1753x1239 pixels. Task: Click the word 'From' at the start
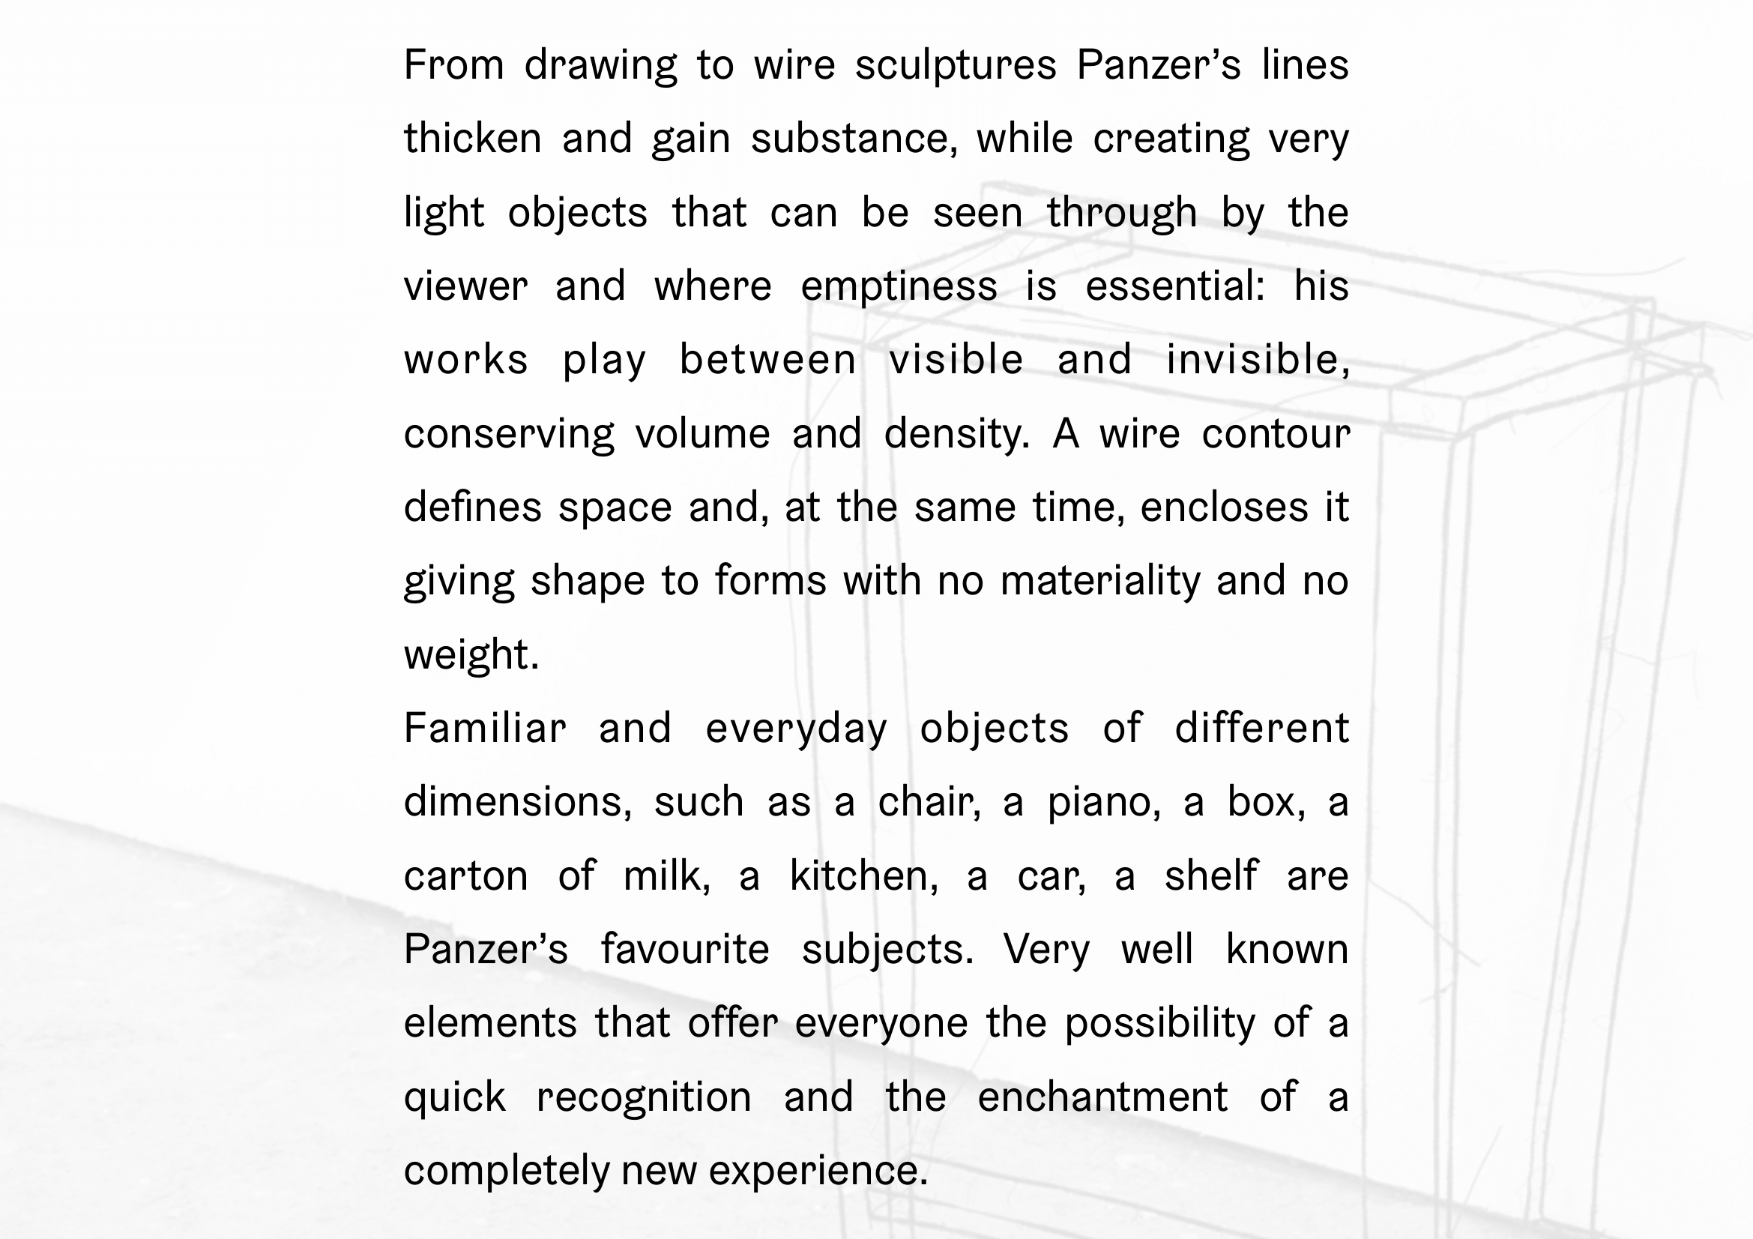[x=453, y=65]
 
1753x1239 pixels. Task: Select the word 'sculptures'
[x=955, y=65]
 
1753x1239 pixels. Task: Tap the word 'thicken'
[x=473, y=139]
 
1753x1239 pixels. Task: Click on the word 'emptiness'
[x=899, y=287]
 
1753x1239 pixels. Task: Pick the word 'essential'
[x=1174, y=287]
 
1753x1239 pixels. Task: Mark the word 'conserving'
[x=508, y=435]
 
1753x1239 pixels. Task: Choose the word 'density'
[x=956, y=435]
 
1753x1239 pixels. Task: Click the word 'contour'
[x=1275, y=435]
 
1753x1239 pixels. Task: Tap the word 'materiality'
[x=1099, y=581]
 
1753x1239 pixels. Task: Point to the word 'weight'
[x=471, y=655]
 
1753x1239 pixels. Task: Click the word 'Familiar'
[x=485, y=729]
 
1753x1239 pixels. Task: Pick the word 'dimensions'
[x=517, y=802]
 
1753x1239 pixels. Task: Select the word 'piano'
[x=1103, y=802]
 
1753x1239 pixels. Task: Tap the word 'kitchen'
[x=863, y=876]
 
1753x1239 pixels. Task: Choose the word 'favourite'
[x=685, y=950]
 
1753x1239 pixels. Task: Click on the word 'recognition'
[x=644, y=1098]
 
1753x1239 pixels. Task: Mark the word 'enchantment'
[x=1102, y=1098]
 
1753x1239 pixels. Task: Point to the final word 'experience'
[x=817, y=1171]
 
